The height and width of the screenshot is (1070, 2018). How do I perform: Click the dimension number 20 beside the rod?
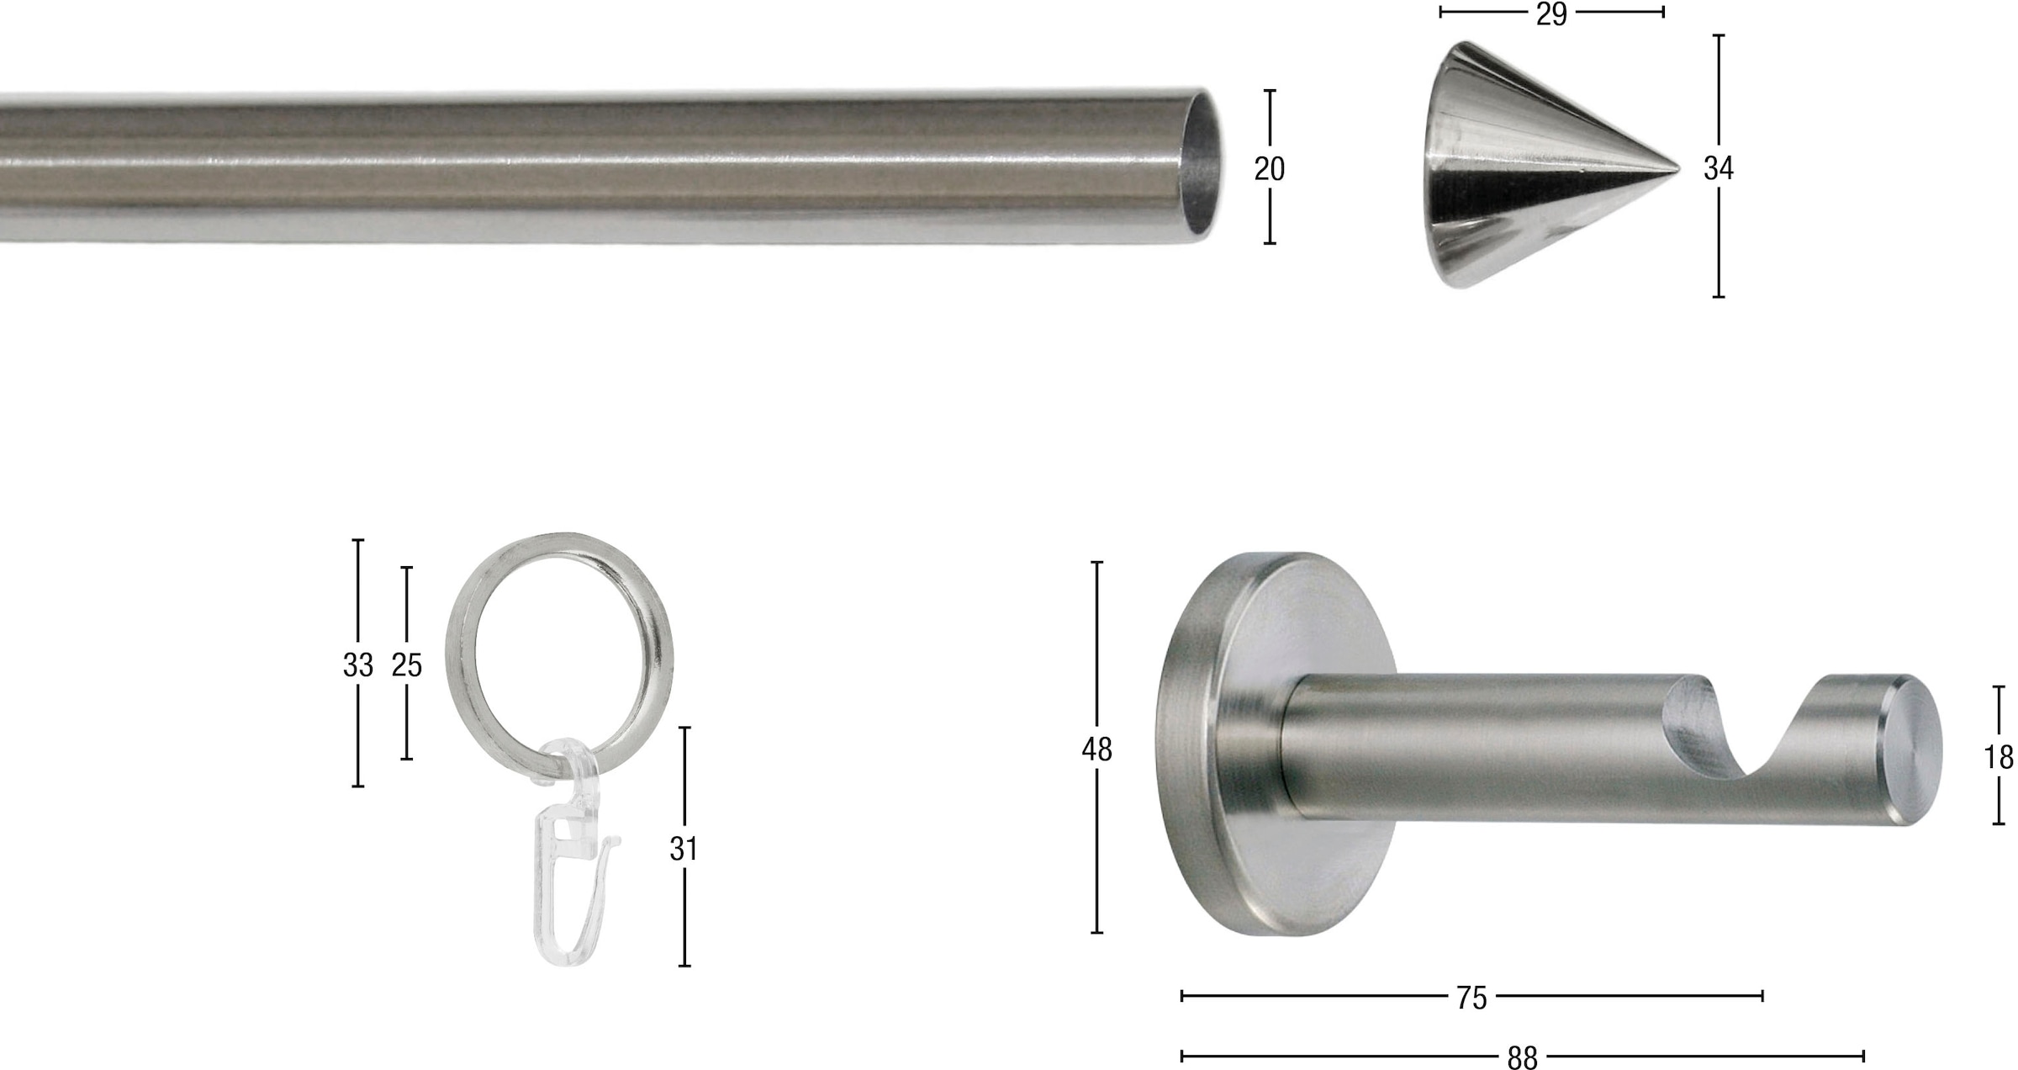coord(1269,169)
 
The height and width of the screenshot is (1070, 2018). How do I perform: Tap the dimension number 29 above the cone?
coord(1551,14)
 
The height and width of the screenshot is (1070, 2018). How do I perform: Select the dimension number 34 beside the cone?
coord(1718,169)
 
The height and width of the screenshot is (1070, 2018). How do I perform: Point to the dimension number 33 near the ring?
coord(357,665)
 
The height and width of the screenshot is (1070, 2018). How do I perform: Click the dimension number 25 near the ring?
coord(407,665)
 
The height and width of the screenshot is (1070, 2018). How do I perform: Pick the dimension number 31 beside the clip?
coord(684,850)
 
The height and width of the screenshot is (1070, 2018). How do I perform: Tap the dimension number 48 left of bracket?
coord(1096,750)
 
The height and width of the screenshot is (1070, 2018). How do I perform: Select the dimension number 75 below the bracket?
coord(1471,998)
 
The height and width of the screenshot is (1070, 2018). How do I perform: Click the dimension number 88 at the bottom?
coord(1522,1057)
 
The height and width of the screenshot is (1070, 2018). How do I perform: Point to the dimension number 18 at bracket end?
coord(1999,758)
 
